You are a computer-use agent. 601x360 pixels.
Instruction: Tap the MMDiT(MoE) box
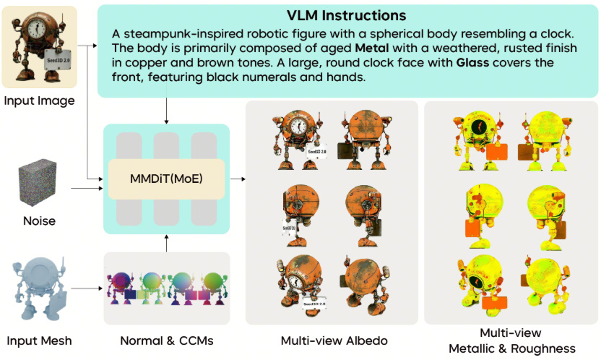coord(166,179)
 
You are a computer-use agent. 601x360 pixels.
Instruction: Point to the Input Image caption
coord(39,100)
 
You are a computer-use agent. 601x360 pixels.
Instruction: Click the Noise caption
coord(39,220)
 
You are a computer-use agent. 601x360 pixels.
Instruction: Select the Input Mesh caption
coord(39,340)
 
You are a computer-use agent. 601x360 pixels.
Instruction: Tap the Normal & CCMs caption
coord(167,340)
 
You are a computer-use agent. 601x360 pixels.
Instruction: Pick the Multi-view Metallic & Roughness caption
coord(511,340)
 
